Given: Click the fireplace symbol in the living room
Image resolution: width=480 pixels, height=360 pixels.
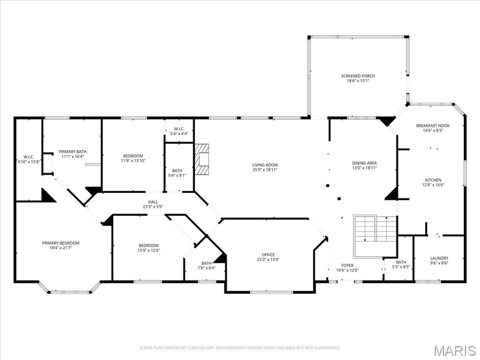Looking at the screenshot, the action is [x=202, y=159].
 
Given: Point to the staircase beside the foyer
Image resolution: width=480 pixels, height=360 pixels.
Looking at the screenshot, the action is [x=375, y=236].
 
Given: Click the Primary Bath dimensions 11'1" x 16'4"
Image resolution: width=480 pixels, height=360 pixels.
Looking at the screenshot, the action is [x=73, y=157].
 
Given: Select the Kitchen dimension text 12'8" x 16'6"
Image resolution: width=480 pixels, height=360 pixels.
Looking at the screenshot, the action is [x=433, y=185].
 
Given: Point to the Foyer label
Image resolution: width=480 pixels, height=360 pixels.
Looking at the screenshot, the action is [x=347, y=265].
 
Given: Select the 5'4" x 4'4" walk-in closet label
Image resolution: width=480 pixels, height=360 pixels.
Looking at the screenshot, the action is [x=179, y=131].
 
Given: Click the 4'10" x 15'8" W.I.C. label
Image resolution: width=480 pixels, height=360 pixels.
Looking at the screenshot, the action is [x=29, y=159].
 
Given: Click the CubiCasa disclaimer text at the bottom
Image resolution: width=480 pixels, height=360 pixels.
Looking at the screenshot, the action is [x=240, y=348].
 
